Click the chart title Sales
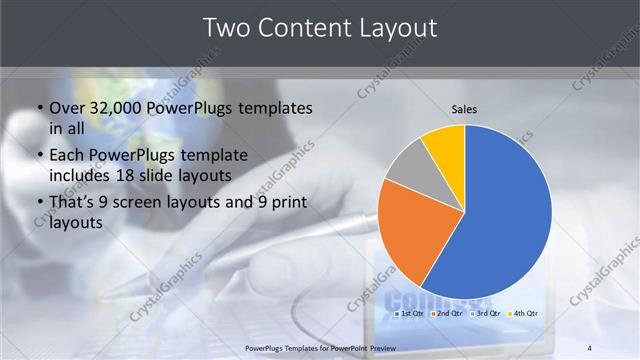click(464, 109)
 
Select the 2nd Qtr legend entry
click(446, 314)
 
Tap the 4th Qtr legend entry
click(523, 314)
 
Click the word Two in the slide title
click(226, 28)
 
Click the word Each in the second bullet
click(68, 155)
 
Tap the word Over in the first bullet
click(68, 107)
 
